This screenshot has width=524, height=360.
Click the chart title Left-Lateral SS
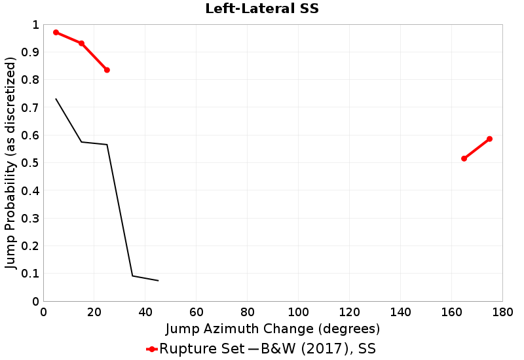261,9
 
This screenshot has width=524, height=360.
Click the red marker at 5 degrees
56,32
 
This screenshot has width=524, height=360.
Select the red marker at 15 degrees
81,43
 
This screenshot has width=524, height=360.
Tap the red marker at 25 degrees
107,70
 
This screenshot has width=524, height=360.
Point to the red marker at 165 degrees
464,158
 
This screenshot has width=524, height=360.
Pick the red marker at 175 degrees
489,139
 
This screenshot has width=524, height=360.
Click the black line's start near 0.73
56,99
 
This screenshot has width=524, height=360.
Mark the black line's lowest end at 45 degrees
158,281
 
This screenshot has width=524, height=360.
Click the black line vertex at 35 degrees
132,276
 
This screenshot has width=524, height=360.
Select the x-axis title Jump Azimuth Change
272,328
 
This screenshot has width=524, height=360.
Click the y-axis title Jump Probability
10,163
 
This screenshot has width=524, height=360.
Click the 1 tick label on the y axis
35,25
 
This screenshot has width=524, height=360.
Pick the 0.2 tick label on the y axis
30,246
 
